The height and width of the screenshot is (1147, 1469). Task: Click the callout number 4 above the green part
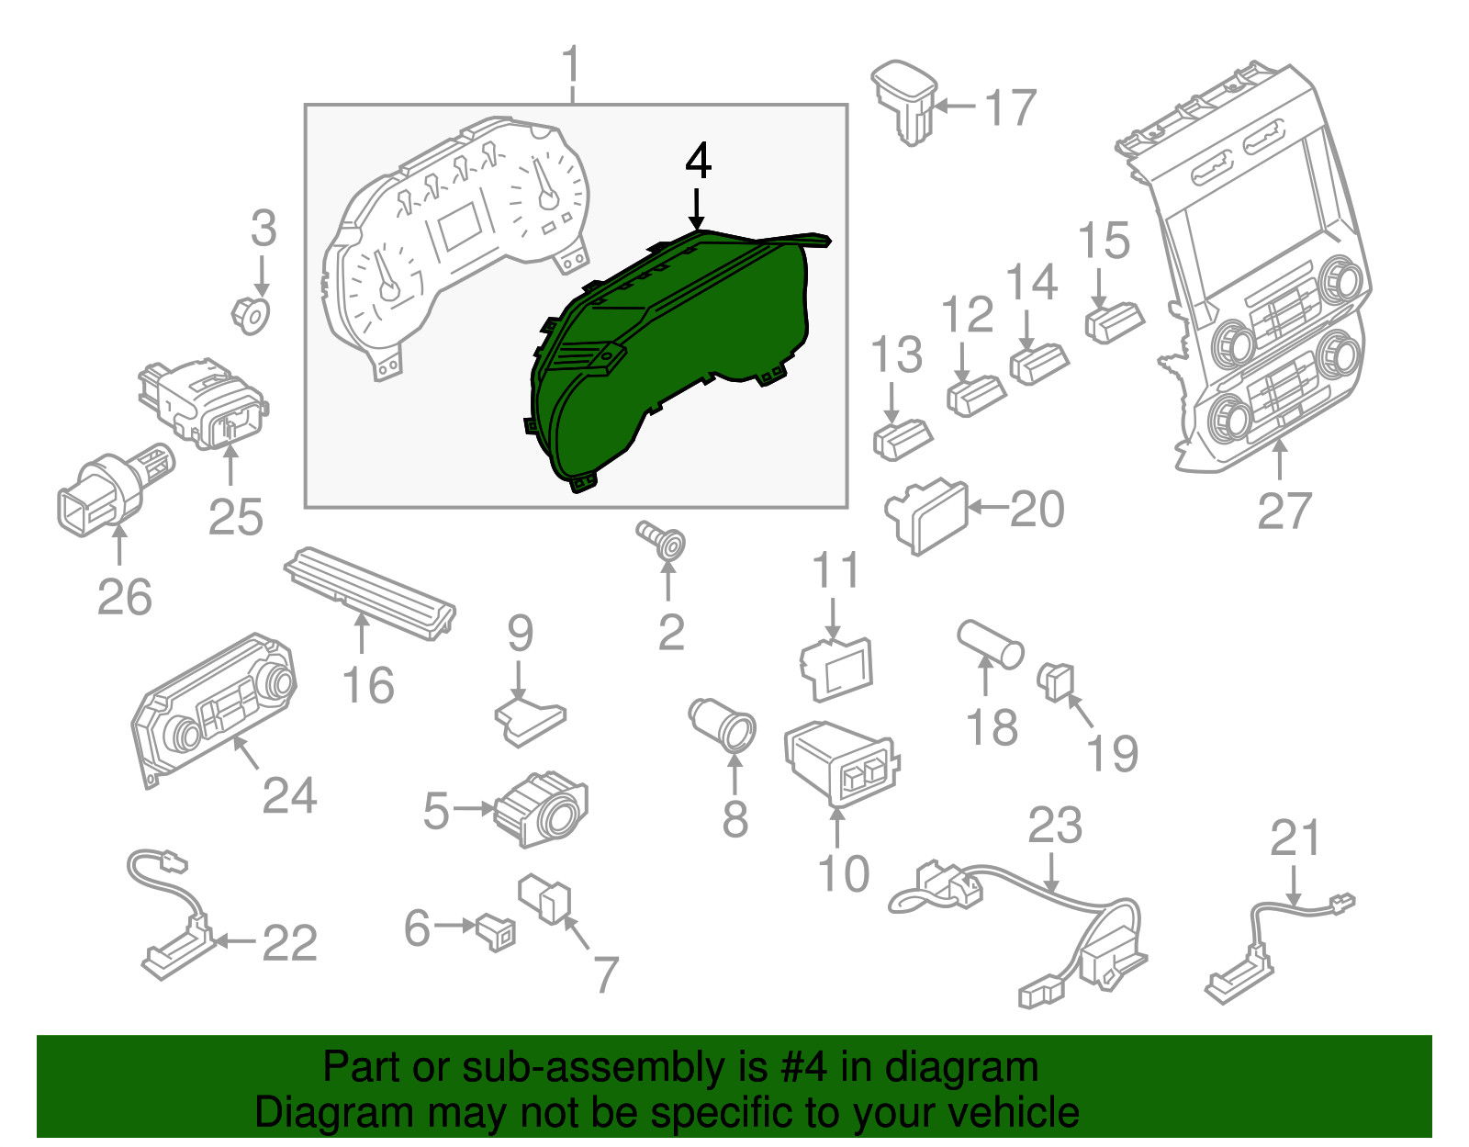tap(699, 161)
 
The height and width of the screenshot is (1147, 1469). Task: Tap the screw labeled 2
tap(662, 540)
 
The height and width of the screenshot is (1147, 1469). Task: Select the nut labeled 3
tap(251, 315)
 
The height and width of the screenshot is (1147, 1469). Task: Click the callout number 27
tap(1284, 511)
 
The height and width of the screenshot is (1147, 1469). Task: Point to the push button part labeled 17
tap(903, 103)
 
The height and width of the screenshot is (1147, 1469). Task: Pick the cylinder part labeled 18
tap(991, 644)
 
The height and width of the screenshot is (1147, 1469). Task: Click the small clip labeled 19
tap(1056, 682)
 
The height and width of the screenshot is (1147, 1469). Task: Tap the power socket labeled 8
tap(722, 725)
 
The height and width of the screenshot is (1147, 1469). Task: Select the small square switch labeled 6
tap(496, 932)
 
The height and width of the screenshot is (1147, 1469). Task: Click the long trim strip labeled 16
tap(370, 592)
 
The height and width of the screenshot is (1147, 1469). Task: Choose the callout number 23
tap(1055, 826)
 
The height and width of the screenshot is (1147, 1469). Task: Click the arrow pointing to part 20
tap(988, 507)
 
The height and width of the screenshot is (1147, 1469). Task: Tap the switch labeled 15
tap(1114, 323)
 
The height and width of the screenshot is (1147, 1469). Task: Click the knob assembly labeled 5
tap(541, 808)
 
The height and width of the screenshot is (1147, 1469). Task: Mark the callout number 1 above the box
tap(571, 64)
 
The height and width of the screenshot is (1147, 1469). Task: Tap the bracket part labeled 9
tap(531, 721)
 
